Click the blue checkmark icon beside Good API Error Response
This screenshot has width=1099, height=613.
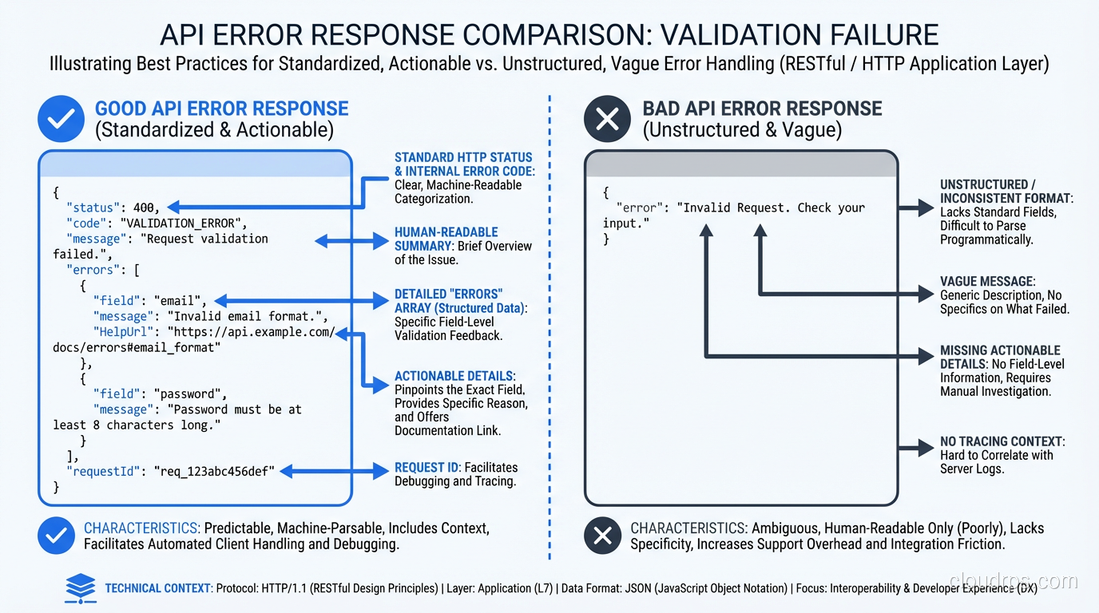[x=61, y=119]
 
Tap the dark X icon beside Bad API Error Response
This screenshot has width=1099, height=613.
[x=607, y=119]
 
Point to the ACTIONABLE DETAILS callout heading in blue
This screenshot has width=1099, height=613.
[x=455, y=376]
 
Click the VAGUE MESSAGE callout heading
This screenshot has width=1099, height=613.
[x=987, y=282]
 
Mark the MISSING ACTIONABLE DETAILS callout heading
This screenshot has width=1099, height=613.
[x=1000, y=357]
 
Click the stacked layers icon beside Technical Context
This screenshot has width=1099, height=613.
[x=80, y=587]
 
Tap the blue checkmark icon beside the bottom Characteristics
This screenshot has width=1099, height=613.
[x=56, y=536]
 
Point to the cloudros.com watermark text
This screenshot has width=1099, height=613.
[x=1014, y=581]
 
